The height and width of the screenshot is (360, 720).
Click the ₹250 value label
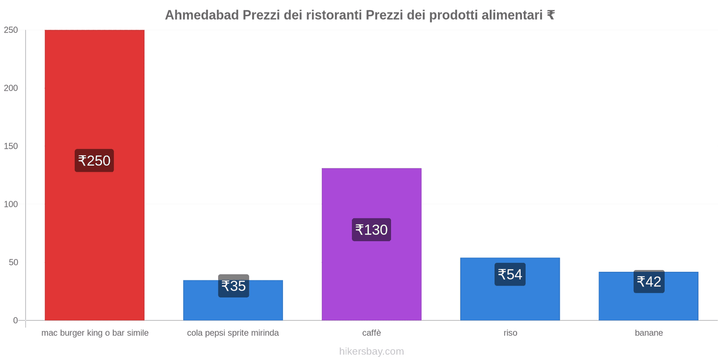(94, 161)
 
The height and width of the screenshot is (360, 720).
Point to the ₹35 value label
(234, 286)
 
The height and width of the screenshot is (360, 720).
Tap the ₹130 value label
(371, 230)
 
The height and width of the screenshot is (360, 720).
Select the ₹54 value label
(510, 274)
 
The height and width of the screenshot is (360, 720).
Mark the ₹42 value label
(649, 282)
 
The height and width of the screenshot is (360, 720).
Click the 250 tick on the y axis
(11, 30)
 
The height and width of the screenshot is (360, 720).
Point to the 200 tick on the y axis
(11, 88)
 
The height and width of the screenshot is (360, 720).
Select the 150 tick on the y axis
(11, 146)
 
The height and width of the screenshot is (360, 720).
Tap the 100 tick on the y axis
(11, 204)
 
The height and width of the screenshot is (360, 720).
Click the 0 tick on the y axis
(15, 320)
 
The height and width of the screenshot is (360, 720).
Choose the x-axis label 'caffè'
(371, 333)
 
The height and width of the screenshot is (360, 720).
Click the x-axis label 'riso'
(510, 333)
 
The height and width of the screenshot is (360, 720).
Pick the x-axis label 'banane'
(648, 333)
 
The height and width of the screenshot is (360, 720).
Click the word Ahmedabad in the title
(202, 15)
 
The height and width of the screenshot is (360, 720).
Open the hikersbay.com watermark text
(371, 351)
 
